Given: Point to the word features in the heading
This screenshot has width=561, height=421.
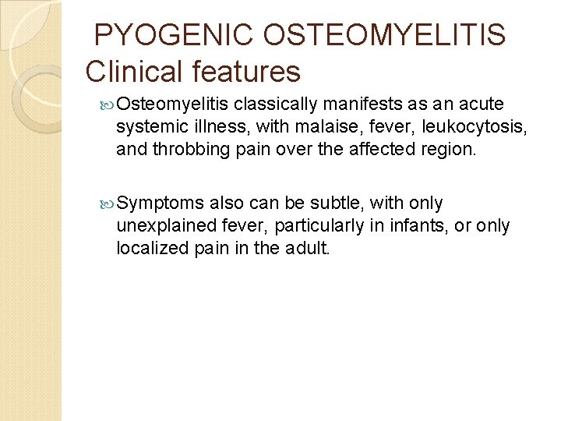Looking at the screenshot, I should (x=250, y=72).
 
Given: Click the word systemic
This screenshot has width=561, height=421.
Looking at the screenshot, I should (x=149, y=127).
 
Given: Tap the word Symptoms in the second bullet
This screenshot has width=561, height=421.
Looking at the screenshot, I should (x=160, y=204).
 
